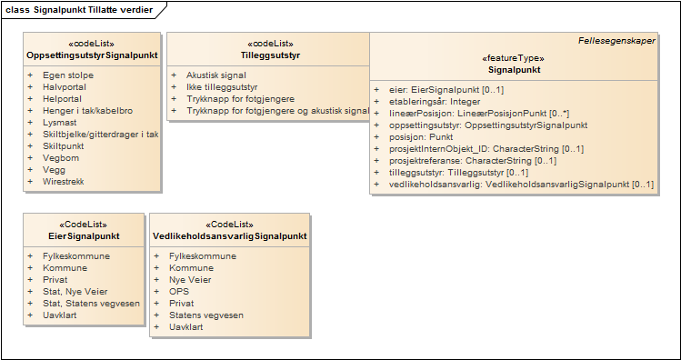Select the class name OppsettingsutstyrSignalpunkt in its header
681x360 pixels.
tap(92, 55)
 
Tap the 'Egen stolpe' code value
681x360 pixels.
tap(68, 75)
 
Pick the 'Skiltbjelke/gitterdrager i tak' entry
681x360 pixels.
tap(101, 135)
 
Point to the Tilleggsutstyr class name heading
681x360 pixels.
tap(270, 55)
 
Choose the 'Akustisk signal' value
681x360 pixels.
tap(216, 75)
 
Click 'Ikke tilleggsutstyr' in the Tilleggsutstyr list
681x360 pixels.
tap(222, 87)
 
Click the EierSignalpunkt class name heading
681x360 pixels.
tap(84, 236)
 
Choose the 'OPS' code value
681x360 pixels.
tap(179, 292)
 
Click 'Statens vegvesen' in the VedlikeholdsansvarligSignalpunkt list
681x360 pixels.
tap(206, 315)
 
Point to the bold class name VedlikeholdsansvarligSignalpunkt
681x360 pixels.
tap(230, 236)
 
